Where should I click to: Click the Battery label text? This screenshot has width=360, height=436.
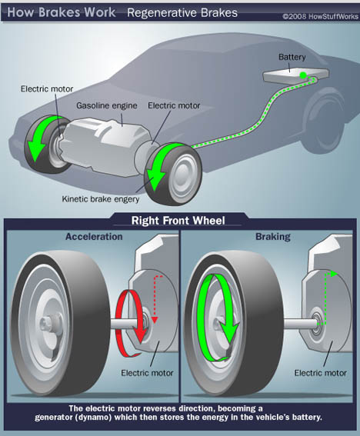pos(292,57)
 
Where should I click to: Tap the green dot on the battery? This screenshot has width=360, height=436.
pos(303,75)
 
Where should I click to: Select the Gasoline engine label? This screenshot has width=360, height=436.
pos(107,106)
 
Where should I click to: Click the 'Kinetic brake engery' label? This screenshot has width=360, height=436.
pos(101,199)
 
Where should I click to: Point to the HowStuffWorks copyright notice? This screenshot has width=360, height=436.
pos(321,17)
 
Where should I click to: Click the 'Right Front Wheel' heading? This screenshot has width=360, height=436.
pos(178,221)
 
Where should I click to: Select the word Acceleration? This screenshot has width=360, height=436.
pos(94,237)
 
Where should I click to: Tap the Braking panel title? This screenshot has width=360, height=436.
pos(273,237)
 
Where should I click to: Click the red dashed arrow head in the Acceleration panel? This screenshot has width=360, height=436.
pos(155,320)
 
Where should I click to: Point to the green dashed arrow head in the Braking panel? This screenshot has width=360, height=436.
pos(334,274)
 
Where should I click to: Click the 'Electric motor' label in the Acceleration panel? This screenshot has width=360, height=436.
pos(147,373)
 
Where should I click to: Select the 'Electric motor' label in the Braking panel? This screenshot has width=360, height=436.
pos(321,373)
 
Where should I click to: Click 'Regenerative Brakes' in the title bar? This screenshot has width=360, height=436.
pos(182,13)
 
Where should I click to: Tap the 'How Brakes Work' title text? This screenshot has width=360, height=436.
pos(62,12)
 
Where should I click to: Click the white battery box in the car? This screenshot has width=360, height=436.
pos(296,75)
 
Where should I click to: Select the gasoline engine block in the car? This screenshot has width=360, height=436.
pos(105,146)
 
